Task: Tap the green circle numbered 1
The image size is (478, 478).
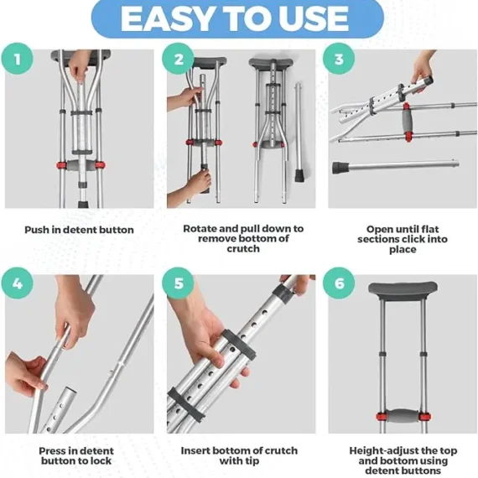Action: tap(18, 59)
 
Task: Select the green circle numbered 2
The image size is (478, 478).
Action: tap(178, 59)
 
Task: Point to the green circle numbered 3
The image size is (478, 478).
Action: tap(339, 59)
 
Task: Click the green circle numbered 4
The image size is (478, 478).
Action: tap(18, 283)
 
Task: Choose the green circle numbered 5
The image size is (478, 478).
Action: tap(178, 283)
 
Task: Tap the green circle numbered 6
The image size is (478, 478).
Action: tap(339, 283)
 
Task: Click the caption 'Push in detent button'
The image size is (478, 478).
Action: tap(79, 230)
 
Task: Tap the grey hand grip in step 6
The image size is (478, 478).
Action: tap(403, 416)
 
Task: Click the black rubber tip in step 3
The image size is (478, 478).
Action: tap(340, 168)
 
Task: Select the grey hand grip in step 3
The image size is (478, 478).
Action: tap(407, 122)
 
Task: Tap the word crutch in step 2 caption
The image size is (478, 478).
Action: tap(243, 249)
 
